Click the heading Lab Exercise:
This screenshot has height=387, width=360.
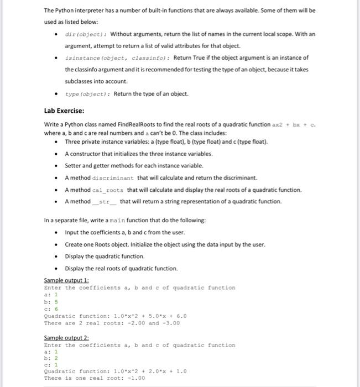(x=64, y=111)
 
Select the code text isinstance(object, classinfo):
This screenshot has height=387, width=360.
(x=118, y=57)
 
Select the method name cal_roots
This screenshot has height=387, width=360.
(x=107, y=190)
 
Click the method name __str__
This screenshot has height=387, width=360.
(x=105, y=201)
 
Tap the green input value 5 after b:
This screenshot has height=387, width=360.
(x=55, y=302)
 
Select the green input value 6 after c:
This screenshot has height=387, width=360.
(x=55, y=309)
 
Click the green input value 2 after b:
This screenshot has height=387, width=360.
(x=55, y=359)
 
